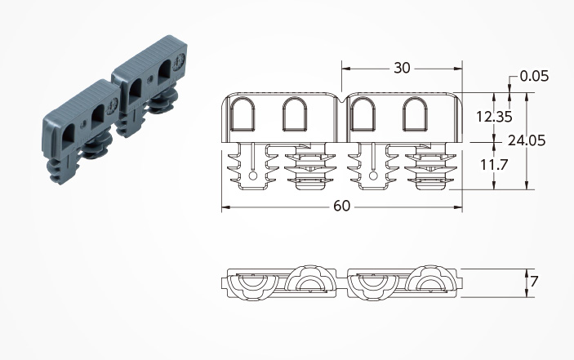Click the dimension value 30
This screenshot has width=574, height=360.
tap(402, 68)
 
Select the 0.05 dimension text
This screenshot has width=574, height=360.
tap(534, 76)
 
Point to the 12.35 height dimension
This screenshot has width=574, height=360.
tap(494, 117)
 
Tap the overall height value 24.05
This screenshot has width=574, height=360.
tap(527, 140)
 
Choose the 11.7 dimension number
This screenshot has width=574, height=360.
tap(494, 165)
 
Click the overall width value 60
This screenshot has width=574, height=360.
tap(341, 206)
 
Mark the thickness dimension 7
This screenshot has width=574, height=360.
tap(534, 282)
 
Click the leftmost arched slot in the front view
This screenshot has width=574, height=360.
tap(243, 113)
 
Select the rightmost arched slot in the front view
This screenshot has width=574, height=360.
tap(415, 113)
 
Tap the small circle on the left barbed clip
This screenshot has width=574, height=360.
tap(252, 176)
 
